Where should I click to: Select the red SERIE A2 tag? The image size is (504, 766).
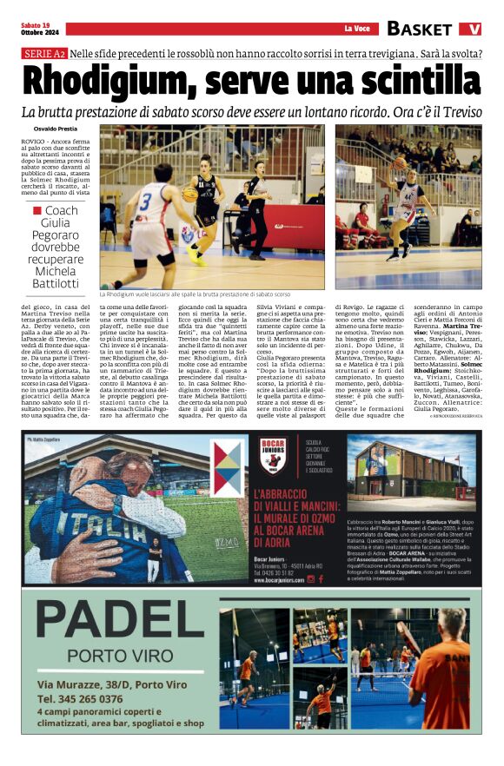click(x=43, y=54)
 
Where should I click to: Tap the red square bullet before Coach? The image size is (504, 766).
click(x=36, y=210)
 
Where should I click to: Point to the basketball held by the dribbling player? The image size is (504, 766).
click(x=190, y=195)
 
